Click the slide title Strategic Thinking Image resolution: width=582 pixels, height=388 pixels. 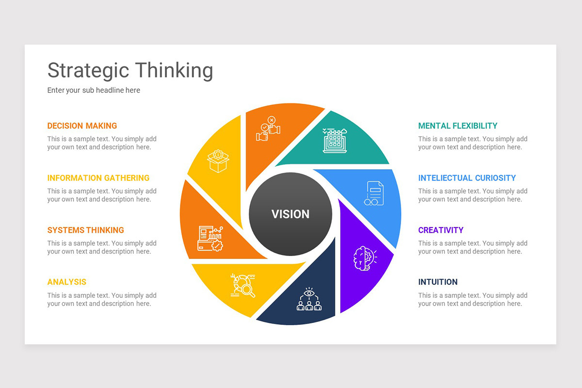tap(130, 70)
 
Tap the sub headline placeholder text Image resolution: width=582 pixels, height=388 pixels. tap(94, 90)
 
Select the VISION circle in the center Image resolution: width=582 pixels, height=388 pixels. tap(291, 214)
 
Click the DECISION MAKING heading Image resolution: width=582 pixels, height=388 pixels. tap(82, 126)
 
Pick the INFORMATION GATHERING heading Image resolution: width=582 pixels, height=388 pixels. tap(98, 178)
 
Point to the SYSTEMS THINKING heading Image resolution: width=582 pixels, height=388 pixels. tap(85, 230)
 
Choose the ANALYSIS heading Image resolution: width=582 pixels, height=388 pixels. tap(66, 282)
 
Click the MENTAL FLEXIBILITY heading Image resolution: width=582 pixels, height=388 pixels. tap(457, 126)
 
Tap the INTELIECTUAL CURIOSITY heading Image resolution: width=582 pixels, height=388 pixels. tap(467, 178)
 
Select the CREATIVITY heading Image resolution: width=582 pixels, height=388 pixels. tap(440, 230)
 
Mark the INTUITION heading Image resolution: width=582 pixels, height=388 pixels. tap(437, 282)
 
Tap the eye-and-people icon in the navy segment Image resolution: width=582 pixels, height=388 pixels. tap(309, 299)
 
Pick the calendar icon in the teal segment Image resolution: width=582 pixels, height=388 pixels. tap(335, 141)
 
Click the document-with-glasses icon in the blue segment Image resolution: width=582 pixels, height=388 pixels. tap(374, 193)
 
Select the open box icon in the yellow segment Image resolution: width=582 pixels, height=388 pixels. tap(218, 161)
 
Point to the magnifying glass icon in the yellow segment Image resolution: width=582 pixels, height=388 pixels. tap(243, 285)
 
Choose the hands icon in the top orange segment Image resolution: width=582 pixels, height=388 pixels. tap(268, 129)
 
